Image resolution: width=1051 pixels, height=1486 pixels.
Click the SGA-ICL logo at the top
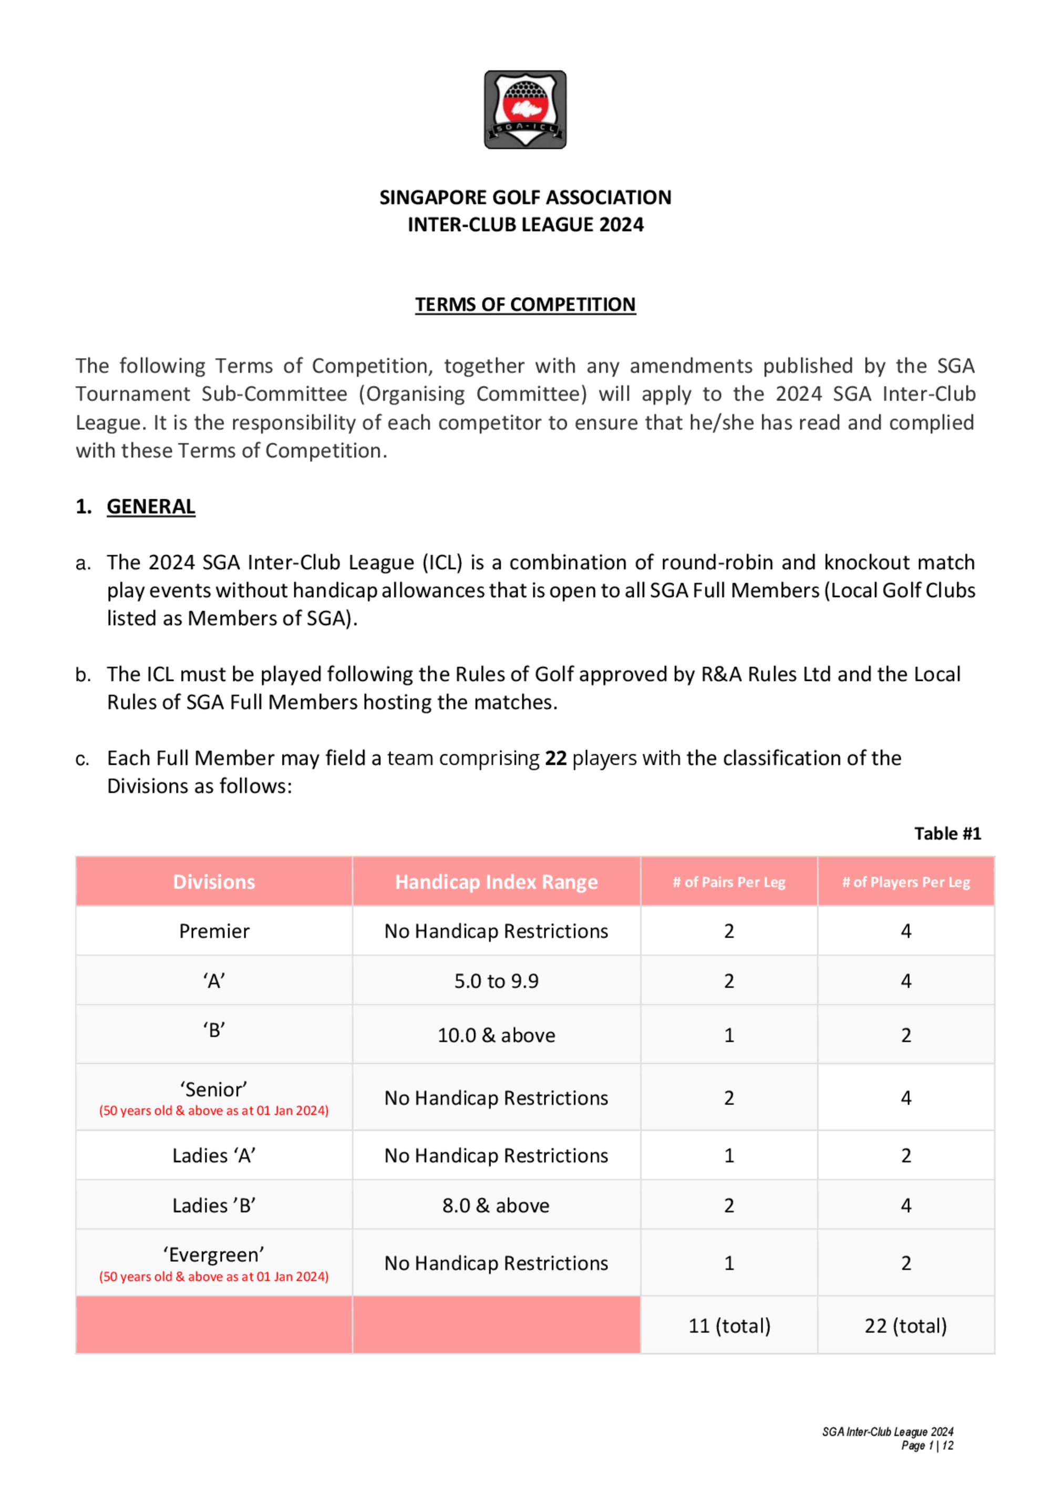[x=525, y=109]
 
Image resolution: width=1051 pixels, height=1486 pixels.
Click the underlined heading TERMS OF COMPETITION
[x=525, y=304]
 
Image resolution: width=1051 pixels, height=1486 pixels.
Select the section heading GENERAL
[x=151, y=506]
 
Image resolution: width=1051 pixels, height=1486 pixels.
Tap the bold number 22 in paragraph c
[x=555, y=758]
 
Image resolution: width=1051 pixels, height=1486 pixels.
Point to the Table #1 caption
[x=947, y=834]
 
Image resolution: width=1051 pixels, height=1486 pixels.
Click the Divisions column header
[x=214, y=881]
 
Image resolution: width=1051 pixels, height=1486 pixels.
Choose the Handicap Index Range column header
[x=496, y=881]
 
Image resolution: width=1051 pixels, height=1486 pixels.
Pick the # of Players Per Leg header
[x=905, y=882]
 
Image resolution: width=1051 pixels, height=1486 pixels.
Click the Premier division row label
[x=214, y=931]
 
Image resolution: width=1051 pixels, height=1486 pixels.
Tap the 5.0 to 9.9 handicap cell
[x=496, y=981]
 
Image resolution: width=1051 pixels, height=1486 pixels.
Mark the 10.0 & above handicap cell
[x=496, y=1035]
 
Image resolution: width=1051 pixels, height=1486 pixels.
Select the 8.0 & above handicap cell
[x=496, y=1205]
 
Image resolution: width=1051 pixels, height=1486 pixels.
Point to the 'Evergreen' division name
[x=214, y=1255]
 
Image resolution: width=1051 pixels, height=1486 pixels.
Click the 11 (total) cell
[x=729, y=1326]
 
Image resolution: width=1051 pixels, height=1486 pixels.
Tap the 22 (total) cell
[x=905, y=1326]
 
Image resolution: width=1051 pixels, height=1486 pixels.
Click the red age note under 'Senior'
[x=214, y=1110]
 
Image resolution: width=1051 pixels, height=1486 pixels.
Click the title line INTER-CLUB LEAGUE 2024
[x=525, y=225]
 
